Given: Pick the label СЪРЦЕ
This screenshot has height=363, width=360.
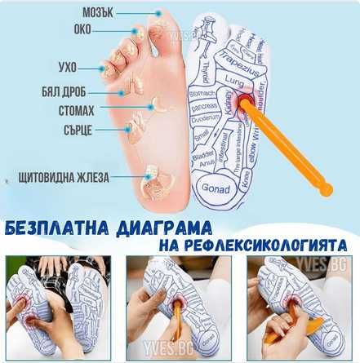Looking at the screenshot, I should point(72,128).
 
